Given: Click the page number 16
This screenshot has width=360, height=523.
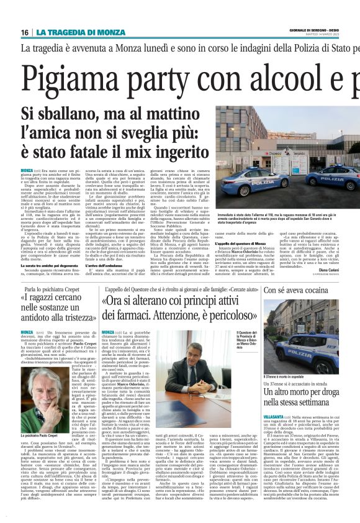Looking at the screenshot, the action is [x=24, y=32].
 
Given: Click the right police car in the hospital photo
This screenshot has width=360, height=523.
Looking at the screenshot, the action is [x=333, y=178].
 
